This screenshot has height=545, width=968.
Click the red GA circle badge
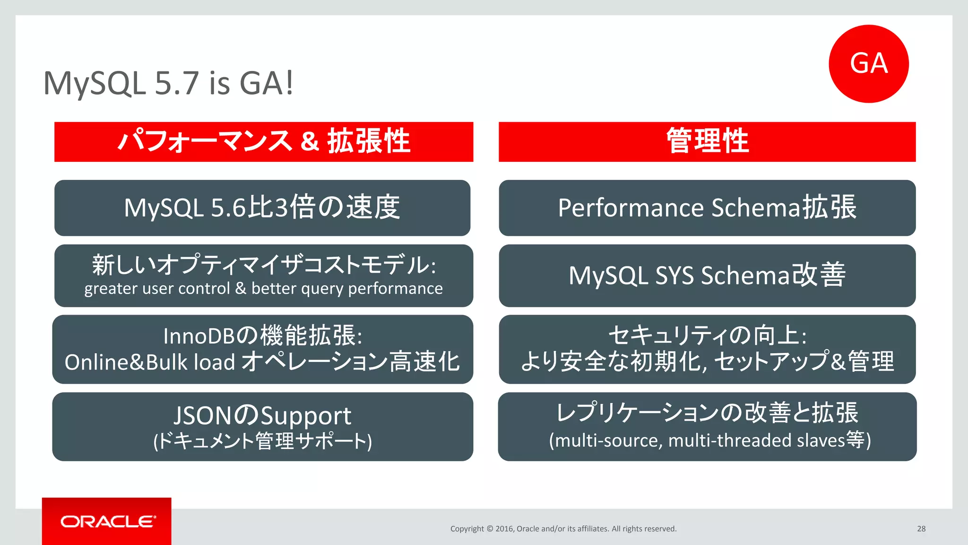tap(868, 64)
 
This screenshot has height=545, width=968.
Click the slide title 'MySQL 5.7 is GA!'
tap(168, 83)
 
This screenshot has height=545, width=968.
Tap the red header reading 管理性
tap(707, 141)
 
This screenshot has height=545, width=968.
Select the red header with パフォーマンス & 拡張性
tap(264, 141)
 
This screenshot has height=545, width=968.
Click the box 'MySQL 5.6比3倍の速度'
tap(262, 208)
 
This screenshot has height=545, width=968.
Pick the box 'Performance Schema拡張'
tap(707, 208)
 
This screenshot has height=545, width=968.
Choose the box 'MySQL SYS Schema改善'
tap(707, 275)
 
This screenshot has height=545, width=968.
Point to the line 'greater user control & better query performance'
tap(263, 289)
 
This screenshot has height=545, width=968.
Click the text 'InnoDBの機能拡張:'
tap(263, 336)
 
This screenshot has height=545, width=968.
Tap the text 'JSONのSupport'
tap(262, 415)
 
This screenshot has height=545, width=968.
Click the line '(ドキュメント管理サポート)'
tap(262, 441)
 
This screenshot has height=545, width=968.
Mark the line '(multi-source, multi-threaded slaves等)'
tap(709, 440)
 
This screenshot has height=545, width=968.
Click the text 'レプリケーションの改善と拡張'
tap(707, 413)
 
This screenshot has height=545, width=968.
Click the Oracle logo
tap(107, 521)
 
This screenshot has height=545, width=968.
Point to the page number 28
tap(921, 529)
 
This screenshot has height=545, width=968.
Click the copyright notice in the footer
tap(563, 529)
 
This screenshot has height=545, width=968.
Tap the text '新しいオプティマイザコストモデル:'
tap(264, 264)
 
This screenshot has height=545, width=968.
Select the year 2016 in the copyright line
tap(504, 529)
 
